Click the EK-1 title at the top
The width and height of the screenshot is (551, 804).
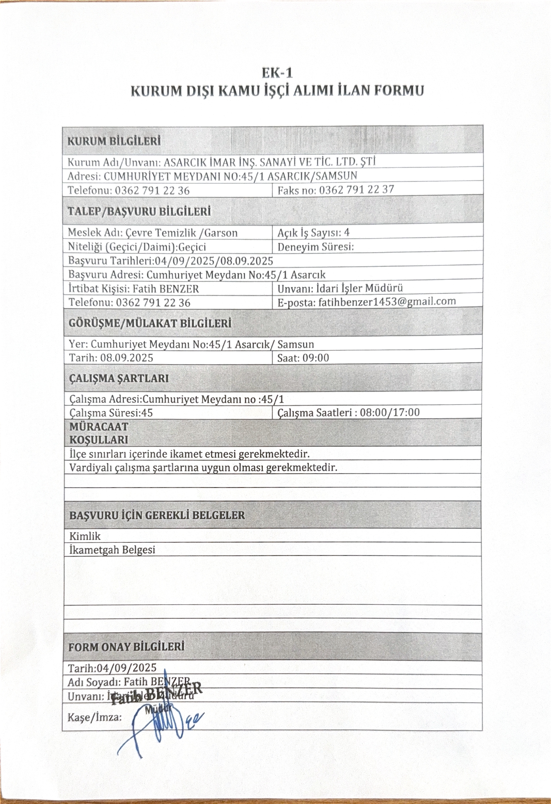pos(277,73)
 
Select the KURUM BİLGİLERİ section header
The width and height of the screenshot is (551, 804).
pos(114,141)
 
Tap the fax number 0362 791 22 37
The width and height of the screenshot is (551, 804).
pos(356,190)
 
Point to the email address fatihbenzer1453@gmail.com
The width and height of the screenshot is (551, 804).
pos(387,301)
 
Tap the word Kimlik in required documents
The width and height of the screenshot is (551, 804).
pos(85,536)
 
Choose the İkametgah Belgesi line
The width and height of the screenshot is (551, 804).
pos(112,550)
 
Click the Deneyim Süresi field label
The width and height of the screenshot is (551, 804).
pos(316,247)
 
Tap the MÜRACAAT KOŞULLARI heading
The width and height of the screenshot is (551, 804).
pos(99,433)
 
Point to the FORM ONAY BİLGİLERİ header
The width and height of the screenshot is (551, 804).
pos(126,647)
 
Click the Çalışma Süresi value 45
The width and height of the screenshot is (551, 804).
pos(147,413)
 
